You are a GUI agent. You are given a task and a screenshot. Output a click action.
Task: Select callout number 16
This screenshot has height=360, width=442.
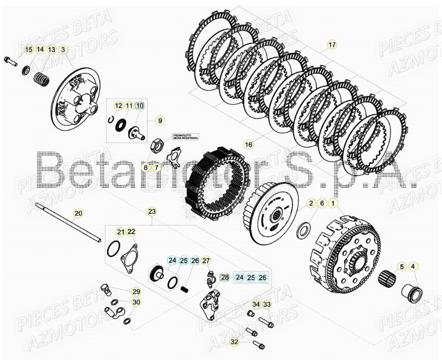(x=249, y=145)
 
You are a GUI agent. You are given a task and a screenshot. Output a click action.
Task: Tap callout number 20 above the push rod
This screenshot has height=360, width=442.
(x=78, y=213)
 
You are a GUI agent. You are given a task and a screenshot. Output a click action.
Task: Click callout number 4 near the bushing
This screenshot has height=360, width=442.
(x=413, y=267)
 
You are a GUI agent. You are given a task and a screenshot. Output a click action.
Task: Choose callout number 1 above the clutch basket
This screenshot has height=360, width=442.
(x=334, y=203)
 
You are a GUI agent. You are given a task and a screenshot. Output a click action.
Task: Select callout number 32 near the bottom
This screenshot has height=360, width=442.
(x=235, y=342)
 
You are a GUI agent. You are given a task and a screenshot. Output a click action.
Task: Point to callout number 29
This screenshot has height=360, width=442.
(x=136, y=292)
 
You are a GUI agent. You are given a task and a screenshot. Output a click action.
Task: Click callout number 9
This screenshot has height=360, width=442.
(x=160, y=120)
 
